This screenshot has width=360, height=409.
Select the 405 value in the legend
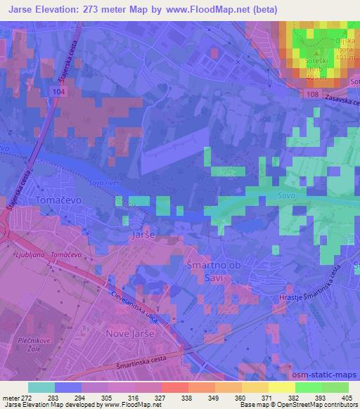(x=347, y=398)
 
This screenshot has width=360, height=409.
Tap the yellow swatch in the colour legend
(x=281, y=387)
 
